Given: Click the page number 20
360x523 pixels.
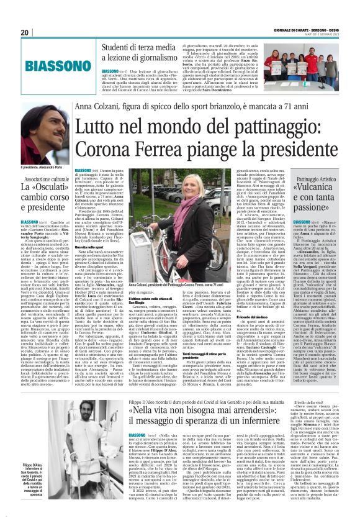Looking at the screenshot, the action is tap(25, 32).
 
